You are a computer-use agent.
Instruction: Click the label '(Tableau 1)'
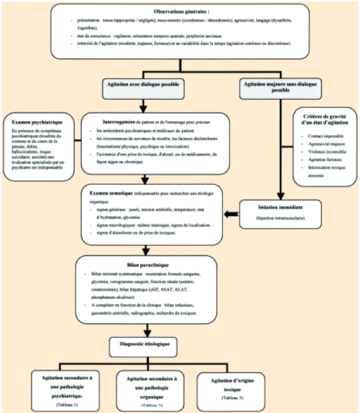[62, 405]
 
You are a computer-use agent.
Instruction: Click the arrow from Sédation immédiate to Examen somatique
[229, 212]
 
